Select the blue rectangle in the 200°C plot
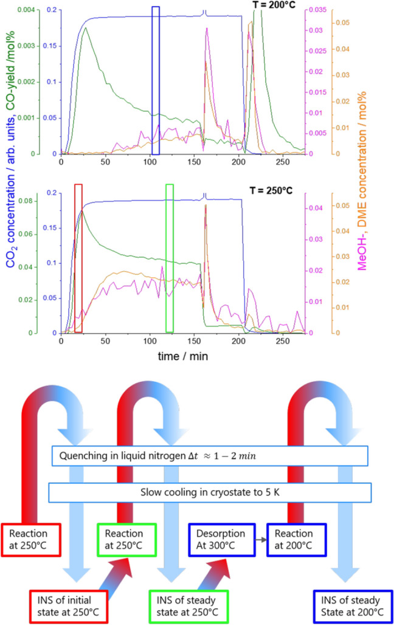click(156, 80)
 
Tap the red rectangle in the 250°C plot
click(78, 258)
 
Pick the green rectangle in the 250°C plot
click(170, 258)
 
